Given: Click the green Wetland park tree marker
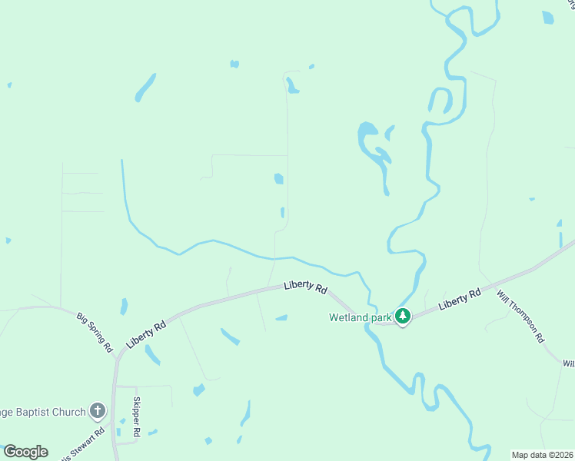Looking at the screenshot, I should [x=402, y=316].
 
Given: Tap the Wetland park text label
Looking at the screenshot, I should [x=361, y=317].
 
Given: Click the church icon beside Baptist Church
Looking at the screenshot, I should [x=97, y=411].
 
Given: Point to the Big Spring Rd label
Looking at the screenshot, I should [x=95, y=331].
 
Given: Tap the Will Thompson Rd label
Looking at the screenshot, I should [x=520, y=317].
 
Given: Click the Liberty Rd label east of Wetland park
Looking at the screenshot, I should [x=460, y=299].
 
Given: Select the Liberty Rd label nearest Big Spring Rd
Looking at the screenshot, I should [x=148, y=336].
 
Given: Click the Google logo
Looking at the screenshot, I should [x=25, y=452].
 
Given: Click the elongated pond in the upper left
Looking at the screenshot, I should [x=145, y=88].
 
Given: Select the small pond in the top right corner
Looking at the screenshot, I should [x=547, y=17].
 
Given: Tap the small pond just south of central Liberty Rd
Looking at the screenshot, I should [x=281, y=317].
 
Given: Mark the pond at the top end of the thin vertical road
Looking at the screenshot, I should [x=292, y=85].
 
